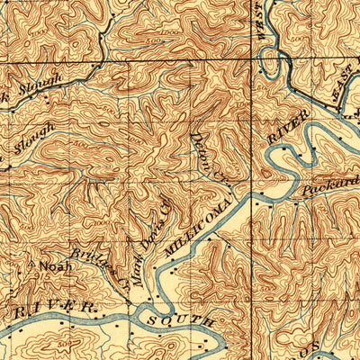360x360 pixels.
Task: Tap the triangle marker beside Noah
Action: point(31,265)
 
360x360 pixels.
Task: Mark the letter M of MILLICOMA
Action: point(171,255)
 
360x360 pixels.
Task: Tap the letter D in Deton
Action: point(197,138)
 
